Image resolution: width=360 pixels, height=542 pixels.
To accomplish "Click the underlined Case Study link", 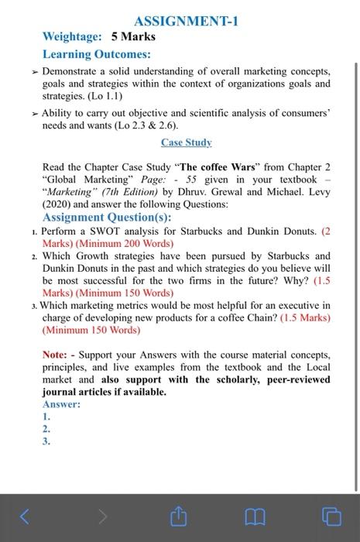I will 186,142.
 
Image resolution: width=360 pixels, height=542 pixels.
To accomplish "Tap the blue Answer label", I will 62,404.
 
